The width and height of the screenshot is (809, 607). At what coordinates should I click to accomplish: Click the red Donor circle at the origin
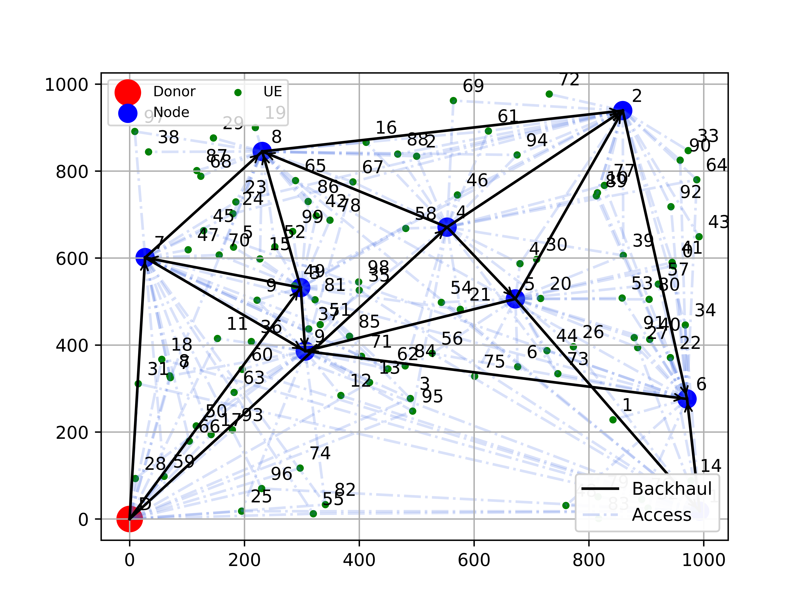pyautogui.click(x=130, y=519)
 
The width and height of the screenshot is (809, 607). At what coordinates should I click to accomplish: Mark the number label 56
pyautogui.click(x=452, y=339)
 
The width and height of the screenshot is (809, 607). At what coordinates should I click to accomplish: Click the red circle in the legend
pyautogui.click(x=128, y=92)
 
